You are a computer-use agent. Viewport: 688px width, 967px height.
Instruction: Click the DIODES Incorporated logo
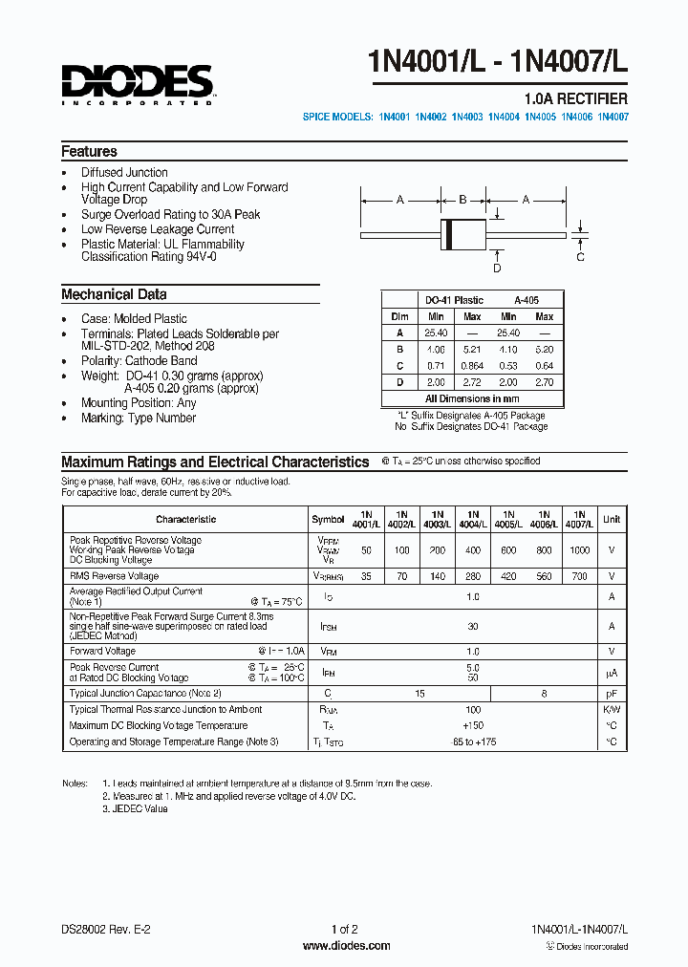point(138,83)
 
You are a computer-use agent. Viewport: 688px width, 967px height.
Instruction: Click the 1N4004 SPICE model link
point(504,117)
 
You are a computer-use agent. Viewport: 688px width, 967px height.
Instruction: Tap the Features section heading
point(89,151)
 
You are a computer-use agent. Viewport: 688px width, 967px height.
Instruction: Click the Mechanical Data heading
point(114,294)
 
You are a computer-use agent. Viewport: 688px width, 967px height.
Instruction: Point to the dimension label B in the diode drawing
point(462,200)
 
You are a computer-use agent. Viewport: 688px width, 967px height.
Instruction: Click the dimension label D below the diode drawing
point(497,269)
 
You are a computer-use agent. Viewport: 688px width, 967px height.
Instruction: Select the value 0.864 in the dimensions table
point(472,365)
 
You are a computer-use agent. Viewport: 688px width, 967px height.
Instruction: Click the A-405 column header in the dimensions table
point(527,300)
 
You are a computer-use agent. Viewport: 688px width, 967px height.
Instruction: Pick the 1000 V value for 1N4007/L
point(579,550)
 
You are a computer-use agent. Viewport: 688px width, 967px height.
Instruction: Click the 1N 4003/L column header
point(437,519)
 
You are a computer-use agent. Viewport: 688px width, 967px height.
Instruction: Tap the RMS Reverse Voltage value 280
point(472,576)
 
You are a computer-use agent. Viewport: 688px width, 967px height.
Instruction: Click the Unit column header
point(612,519)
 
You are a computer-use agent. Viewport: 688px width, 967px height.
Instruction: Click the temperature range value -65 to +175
point(472,741)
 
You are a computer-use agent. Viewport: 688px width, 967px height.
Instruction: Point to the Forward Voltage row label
point(103,651)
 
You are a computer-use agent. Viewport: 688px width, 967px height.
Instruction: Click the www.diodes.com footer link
point(346,946)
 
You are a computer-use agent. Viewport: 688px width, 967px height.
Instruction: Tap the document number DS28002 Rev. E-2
point(105,929)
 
